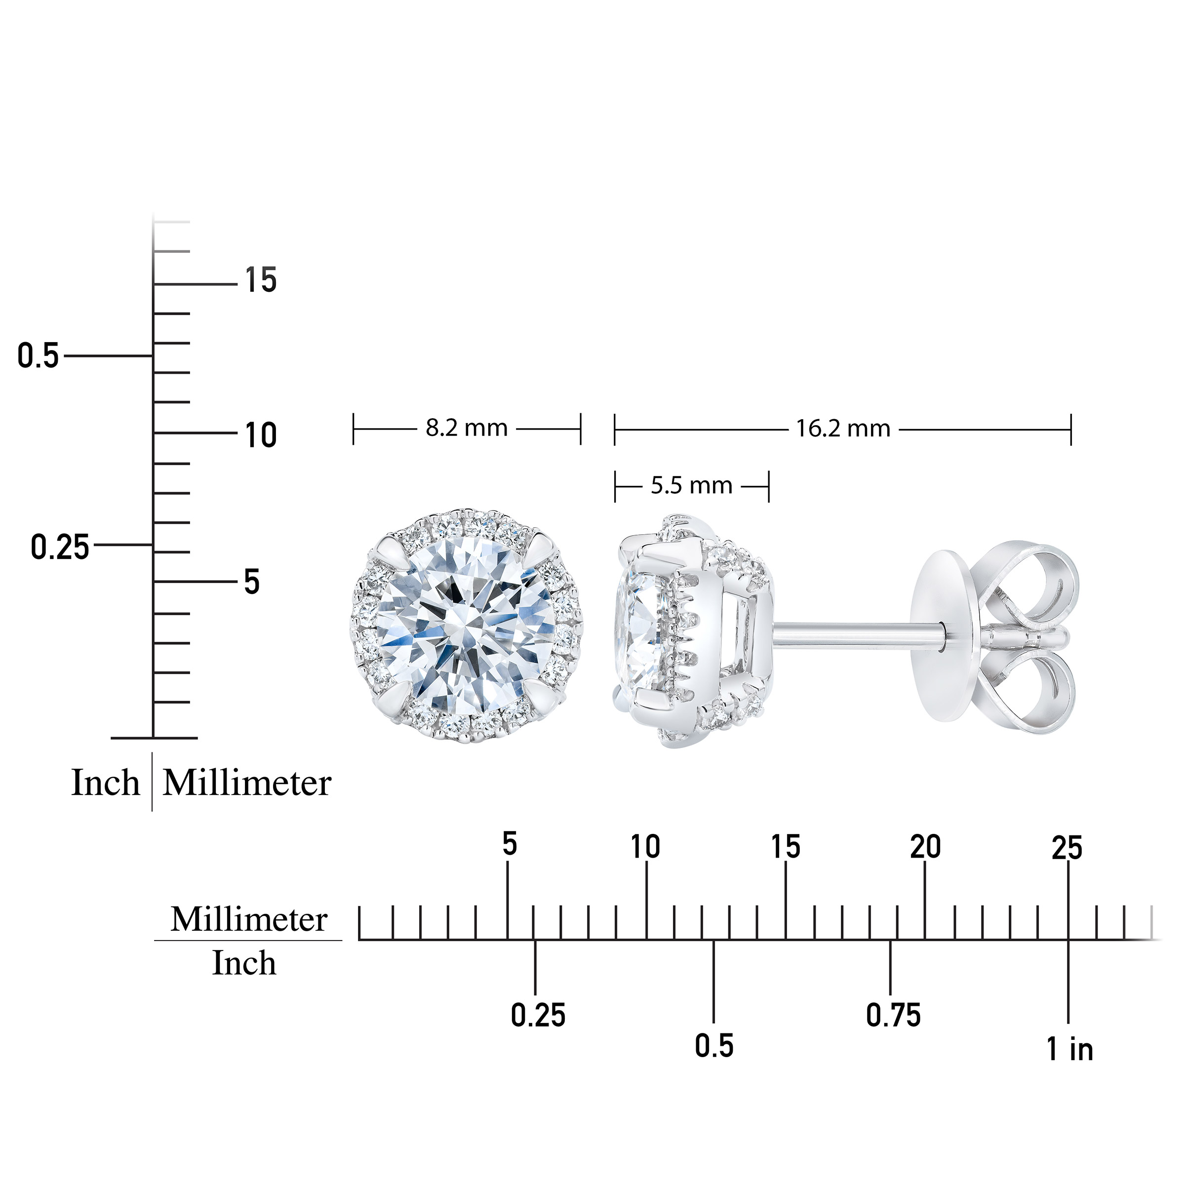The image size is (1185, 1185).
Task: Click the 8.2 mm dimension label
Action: tap(467, 428)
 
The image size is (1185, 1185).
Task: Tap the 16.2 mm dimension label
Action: tap(843, 428)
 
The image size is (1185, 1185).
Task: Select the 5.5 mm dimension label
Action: tap(692, 486)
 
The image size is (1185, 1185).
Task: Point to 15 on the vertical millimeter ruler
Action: tap(261, 280)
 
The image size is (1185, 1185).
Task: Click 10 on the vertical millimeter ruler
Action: tap(261, 435)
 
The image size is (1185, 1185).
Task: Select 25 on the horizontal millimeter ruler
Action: tap(1067, 848)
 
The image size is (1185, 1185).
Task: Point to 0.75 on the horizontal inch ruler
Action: tap(894, 1015)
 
